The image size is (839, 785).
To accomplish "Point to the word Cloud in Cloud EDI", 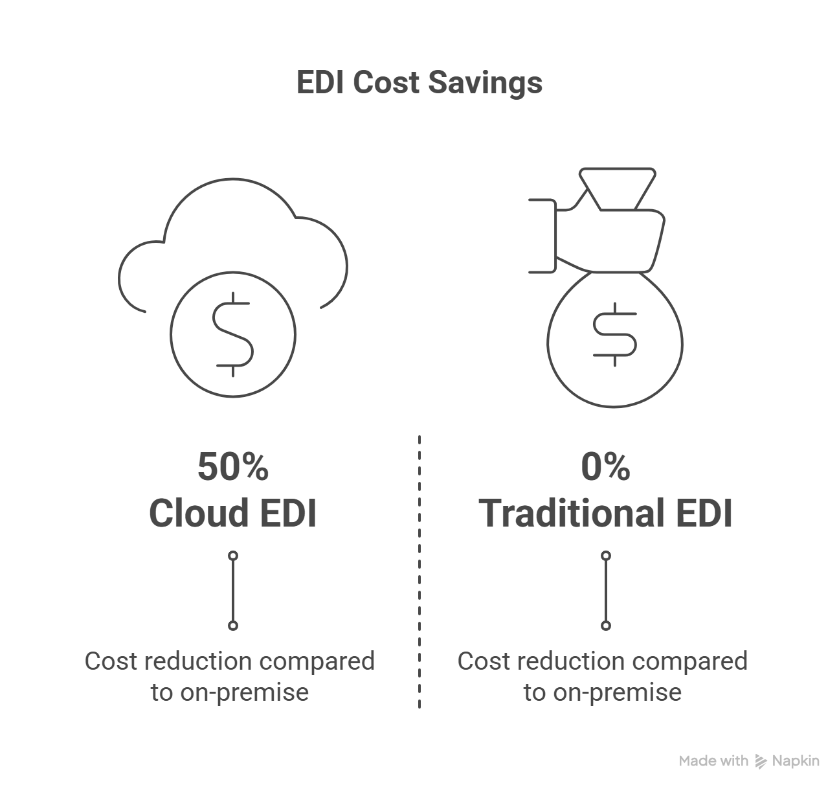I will tap(199, 514).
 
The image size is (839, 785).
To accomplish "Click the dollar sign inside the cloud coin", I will tap(234, 334).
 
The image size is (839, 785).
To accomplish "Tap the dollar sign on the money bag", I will tap(614, 333).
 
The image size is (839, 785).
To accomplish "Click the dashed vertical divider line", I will tap(419, 570).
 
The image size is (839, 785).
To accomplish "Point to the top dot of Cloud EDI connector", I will tap(234, 556).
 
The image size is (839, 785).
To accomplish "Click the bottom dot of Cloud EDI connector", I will tap(234, 626).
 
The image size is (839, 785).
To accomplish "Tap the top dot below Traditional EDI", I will tap(606, 556).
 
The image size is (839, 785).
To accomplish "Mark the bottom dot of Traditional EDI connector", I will tap(606, 626).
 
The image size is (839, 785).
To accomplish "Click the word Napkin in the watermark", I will tap(796, 761).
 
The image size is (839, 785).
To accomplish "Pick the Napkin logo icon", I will tap(761, 762).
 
